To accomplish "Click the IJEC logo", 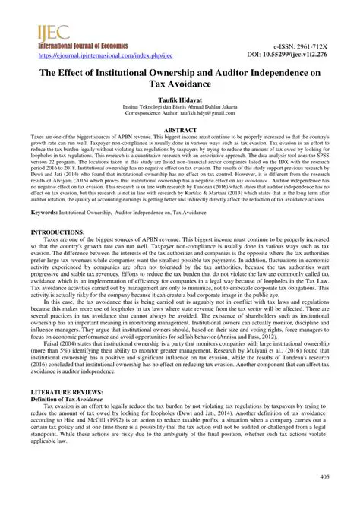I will pyautogui.click(x=38, y=33).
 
